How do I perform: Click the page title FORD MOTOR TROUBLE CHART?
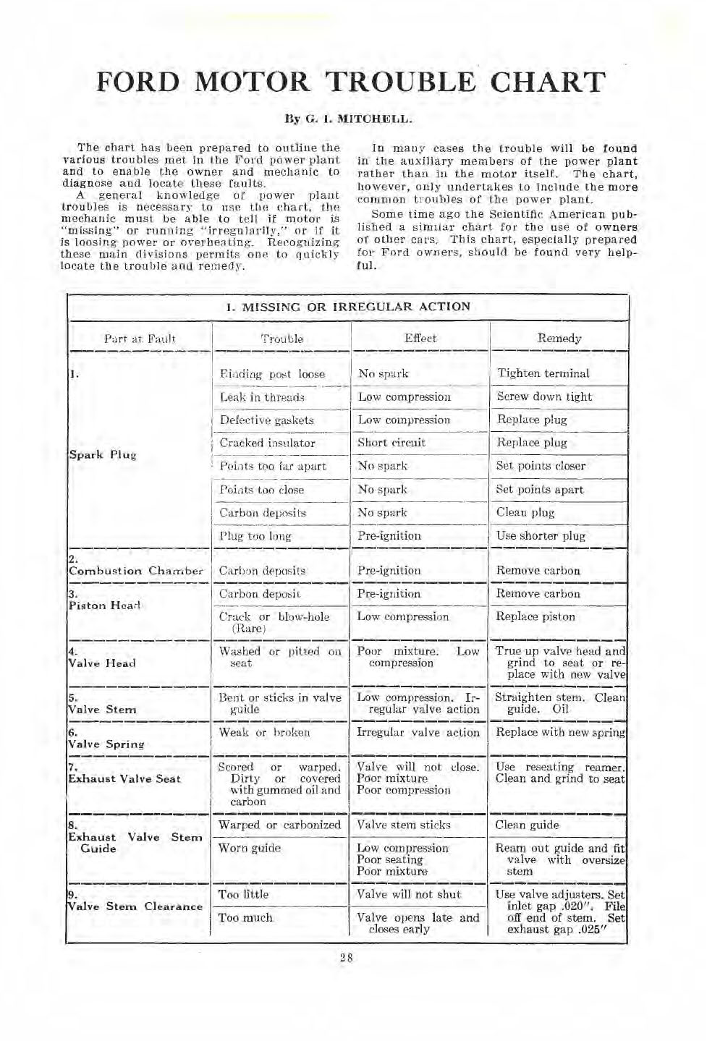click(350, 82)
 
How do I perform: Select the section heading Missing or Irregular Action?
click(348, 307)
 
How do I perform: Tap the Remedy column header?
click(559, 338)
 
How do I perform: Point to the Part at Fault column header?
click(140, 338)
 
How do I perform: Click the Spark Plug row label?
click(103, 455)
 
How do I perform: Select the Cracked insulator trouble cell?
click(267, 443)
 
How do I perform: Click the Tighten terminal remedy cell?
click(543, 373)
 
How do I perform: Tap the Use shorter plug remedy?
click(541, 536)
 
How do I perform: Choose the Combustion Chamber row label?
click(135, 571)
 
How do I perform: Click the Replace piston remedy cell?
click(535, 617)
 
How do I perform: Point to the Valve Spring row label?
click(106, 744)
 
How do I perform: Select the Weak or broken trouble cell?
click(264, 732)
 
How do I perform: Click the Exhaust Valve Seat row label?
click(124, 779)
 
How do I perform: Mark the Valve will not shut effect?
click(409, 894)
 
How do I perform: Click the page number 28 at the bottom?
click(347, 958)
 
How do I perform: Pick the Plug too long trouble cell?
click(255, 536)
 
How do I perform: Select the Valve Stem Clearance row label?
click(135, 906)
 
